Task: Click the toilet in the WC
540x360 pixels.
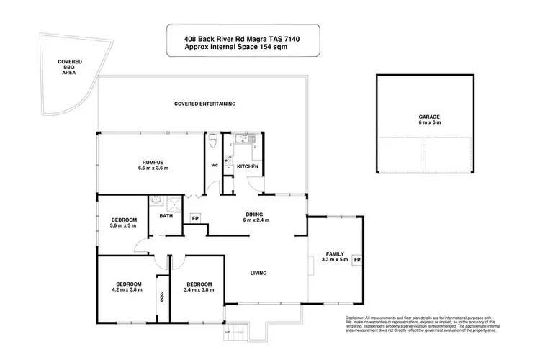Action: [212, 143]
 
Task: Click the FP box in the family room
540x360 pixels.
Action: [356, 260]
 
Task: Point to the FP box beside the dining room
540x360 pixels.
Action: [194, 218]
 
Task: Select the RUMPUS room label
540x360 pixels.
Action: [153, 162]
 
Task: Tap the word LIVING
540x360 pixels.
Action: [259, 273]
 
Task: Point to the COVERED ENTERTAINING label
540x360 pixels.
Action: [205, 104]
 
